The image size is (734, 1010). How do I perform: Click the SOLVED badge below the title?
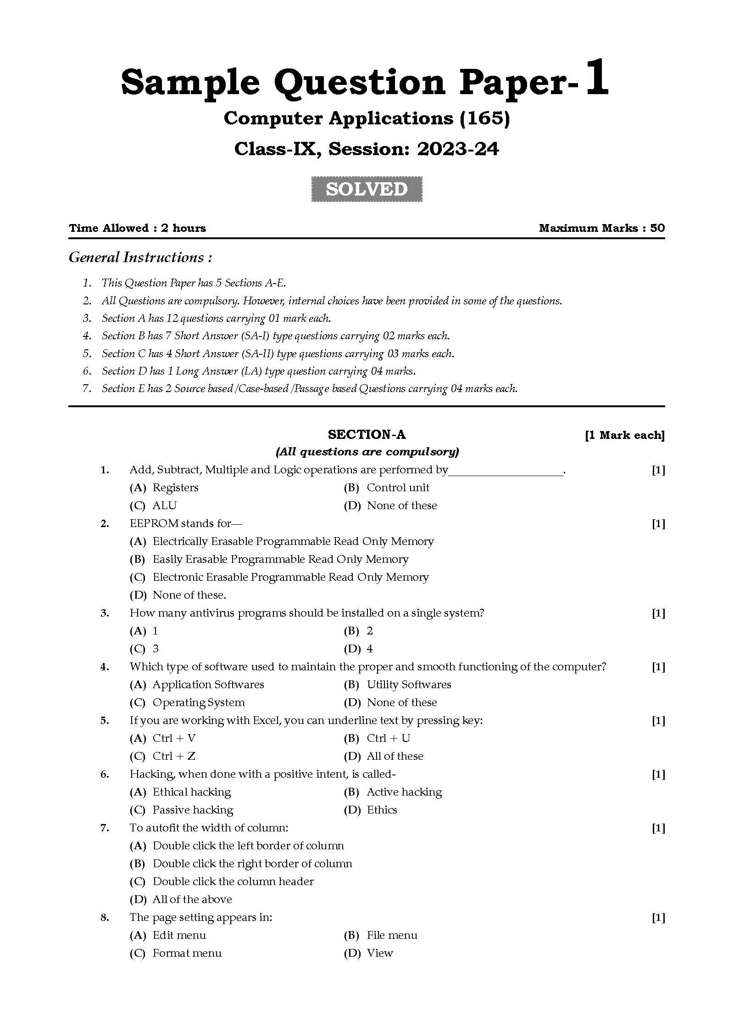pos(367,189)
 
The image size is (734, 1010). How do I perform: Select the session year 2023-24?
pos(457,149)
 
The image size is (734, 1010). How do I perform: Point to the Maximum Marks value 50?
pos(657,228)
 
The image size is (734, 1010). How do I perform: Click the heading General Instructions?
pos(140,257)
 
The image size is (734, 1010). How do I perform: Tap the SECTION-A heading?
pos(367,434)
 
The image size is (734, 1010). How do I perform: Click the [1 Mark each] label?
pos(624,435)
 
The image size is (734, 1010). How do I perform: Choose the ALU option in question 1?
pos(164,505)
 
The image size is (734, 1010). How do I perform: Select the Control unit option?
pos(398,488)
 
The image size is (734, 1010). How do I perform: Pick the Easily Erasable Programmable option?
pos(280,559)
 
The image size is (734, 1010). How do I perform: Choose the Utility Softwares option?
pos(408,685)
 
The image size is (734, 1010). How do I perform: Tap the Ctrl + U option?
pos(388,738)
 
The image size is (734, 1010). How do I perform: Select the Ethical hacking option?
pos(191,792)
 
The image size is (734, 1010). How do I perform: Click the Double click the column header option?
pos(233,881)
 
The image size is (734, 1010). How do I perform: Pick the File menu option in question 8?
pos(392,935)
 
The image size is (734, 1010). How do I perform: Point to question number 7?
pos(105,828)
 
